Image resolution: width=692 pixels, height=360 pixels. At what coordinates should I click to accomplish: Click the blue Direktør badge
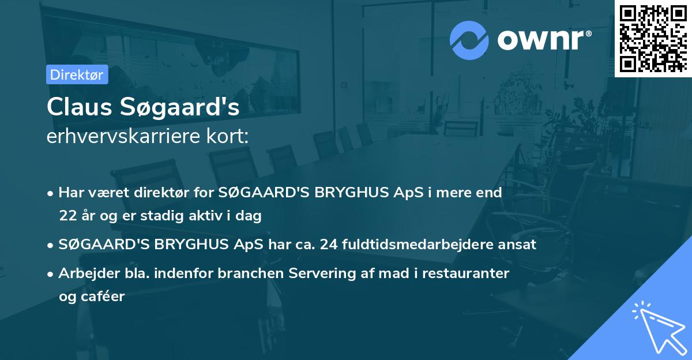point(77,75)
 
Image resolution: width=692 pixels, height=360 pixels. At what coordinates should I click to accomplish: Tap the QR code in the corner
point(653,38)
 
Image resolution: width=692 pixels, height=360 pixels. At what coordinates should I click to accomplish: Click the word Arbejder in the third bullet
point(85,273)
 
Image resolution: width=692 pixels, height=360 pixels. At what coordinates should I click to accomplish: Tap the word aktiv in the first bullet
point(220,216)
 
